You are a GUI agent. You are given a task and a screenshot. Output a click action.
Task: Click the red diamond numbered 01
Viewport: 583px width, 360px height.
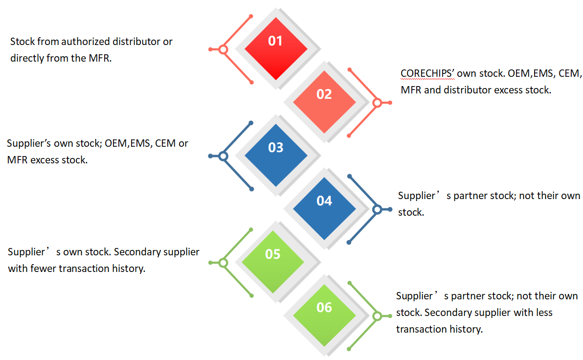click(276, 48)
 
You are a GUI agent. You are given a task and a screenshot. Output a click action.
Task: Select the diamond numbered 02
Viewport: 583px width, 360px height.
click(324, 102)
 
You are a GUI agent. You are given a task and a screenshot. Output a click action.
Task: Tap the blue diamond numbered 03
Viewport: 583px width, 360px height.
click(276, 155)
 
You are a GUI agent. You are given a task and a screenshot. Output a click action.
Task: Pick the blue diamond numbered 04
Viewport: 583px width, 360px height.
click(324, 209)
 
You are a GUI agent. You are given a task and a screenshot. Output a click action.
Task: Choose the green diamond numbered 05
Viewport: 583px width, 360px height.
click(273, 262)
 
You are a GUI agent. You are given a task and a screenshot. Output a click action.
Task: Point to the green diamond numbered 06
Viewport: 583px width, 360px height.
click(324, 315)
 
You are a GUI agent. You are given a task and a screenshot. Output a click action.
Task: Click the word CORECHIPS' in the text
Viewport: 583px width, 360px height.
click(427, 74)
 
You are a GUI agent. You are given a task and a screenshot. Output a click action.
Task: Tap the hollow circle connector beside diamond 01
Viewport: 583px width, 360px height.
click(223, 49)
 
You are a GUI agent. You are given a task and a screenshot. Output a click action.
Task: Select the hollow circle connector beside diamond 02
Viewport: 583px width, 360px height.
click(377, 103)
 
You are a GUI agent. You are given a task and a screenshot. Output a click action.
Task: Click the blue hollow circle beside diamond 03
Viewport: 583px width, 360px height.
click(223, 156)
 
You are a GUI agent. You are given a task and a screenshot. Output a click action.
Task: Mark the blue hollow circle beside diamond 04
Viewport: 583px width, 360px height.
click(377, 209)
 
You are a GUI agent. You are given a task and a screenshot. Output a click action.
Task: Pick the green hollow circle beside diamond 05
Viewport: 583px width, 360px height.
click(223, 263)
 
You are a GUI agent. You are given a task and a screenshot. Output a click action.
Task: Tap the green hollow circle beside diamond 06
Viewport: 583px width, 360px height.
click(377, 316)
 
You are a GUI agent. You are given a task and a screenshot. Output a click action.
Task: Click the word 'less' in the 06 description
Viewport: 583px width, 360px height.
click(544, 313)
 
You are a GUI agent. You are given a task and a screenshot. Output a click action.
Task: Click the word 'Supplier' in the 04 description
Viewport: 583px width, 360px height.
click(416, 196)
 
